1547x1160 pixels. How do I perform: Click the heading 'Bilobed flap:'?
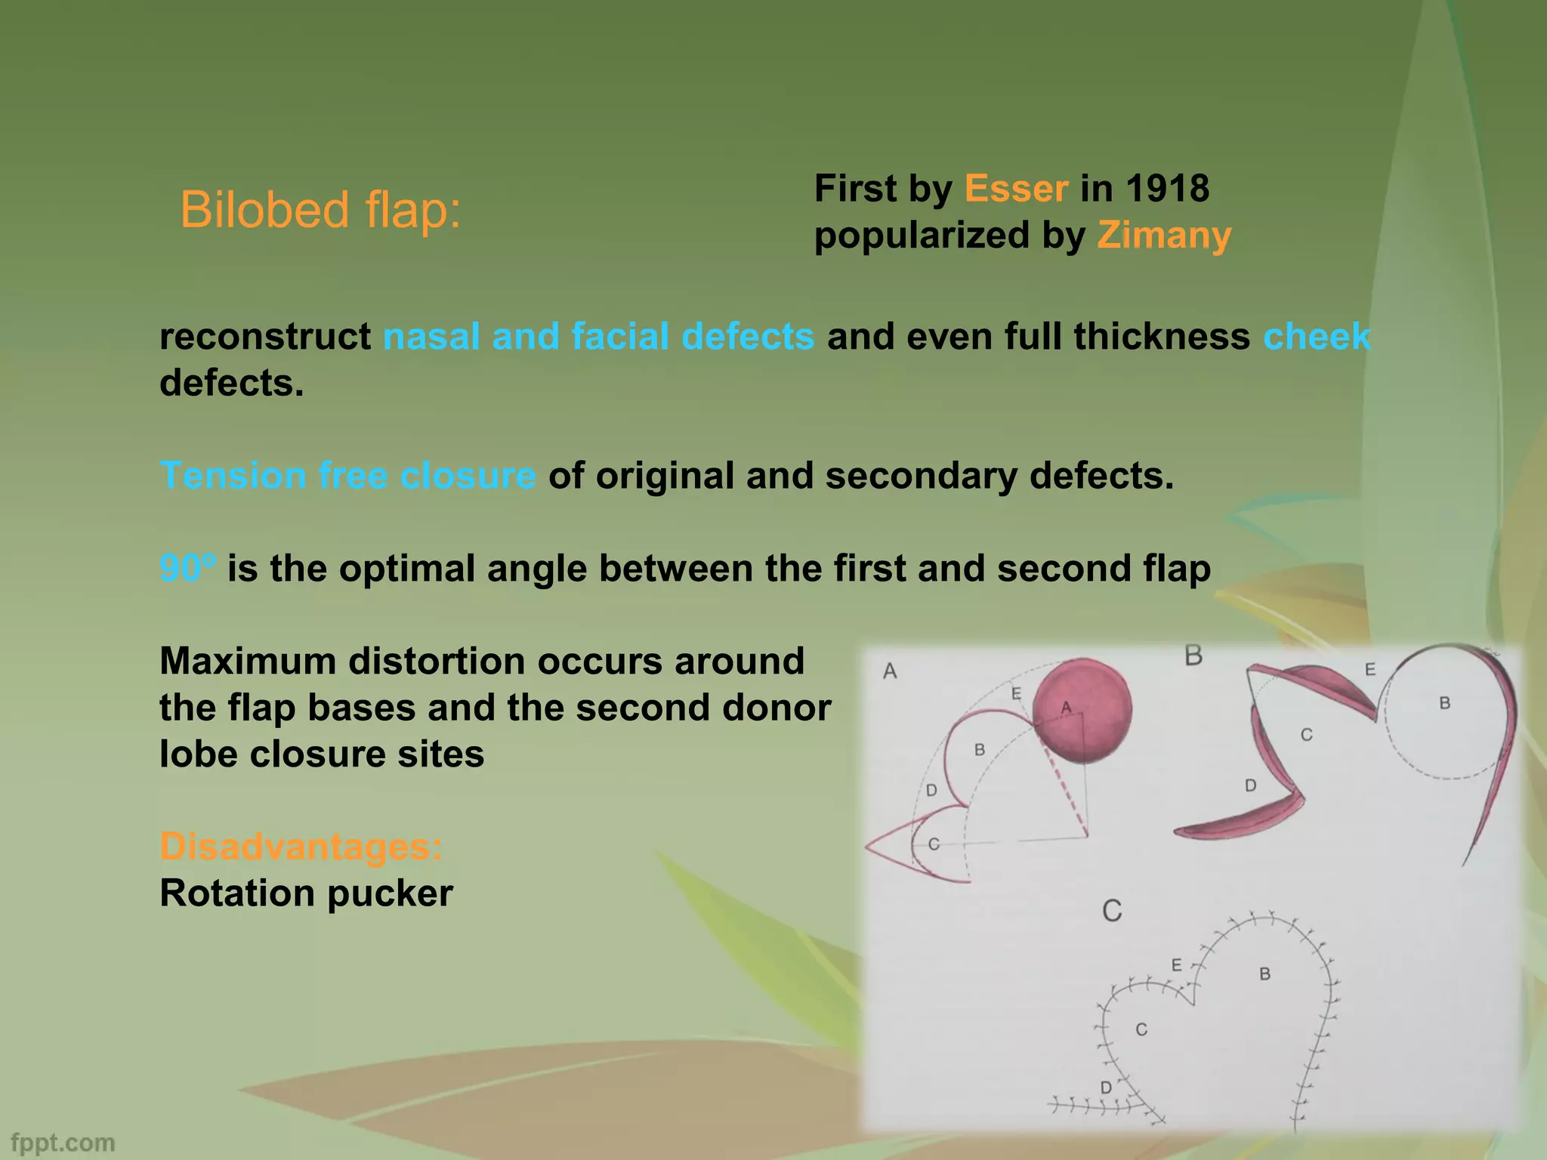pos(320,210)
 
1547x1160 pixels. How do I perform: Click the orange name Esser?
pos(1016,189)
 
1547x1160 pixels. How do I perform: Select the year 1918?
pos(1167,189)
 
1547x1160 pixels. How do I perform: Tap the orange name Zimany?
pos(1164,236)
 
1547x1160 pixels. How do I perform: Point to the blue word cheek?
pos(1317,337)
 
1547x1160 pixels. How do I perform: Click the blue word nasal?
pos(431,337)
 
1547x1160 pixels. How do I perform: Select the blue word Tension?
pos(233,476)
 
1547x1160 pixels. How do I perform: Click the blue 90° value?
pos(187,569)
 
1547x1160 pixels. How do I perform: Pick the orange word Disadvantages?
pos(301,847)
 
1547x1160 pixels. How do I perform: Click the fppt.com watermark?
pos(63,1143)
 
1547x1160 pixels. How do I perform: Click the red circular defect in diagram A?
pos(1082,710)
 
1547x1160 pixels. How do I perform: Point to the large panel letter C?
pos(1112,911)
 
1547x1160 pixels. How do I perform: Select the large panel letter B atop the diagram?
pos(1193,656)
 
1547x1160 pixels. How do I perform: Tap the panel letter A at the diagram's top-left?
pos(890,671)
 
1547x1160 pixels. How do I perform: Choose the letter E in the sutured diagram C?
pos(1176,965)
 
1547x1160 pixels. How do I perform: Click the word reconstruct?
pos(264,337)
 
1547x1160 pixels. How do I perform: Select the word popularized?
pos(922,236)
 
